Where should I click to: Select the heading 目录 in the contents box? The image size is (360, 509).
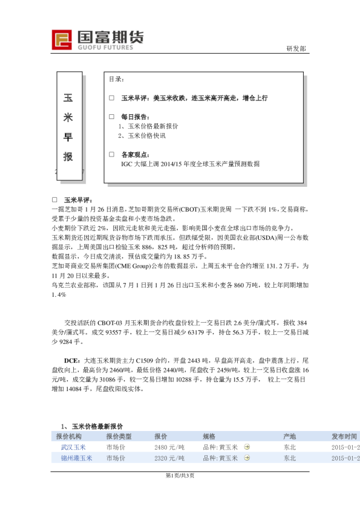(x=116, y=79)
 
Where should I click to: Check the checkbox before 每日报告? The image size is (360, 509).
(x=111, y=117)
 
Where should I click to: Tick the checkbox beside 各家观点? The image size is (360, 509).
(x=111, y=154)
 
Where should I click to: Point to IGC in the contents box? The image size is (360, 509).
(x=126, y=164)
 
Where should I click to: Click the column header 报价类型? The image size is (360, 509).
(x=119, y=436)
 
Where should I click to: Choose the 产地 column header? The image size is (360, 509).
(x=290, y=436)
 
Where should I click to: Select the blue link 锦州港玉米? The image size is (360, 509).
(x=76, y=458)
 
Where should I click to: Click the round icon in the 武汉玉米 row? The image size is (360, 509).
(x=247, y=447)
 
